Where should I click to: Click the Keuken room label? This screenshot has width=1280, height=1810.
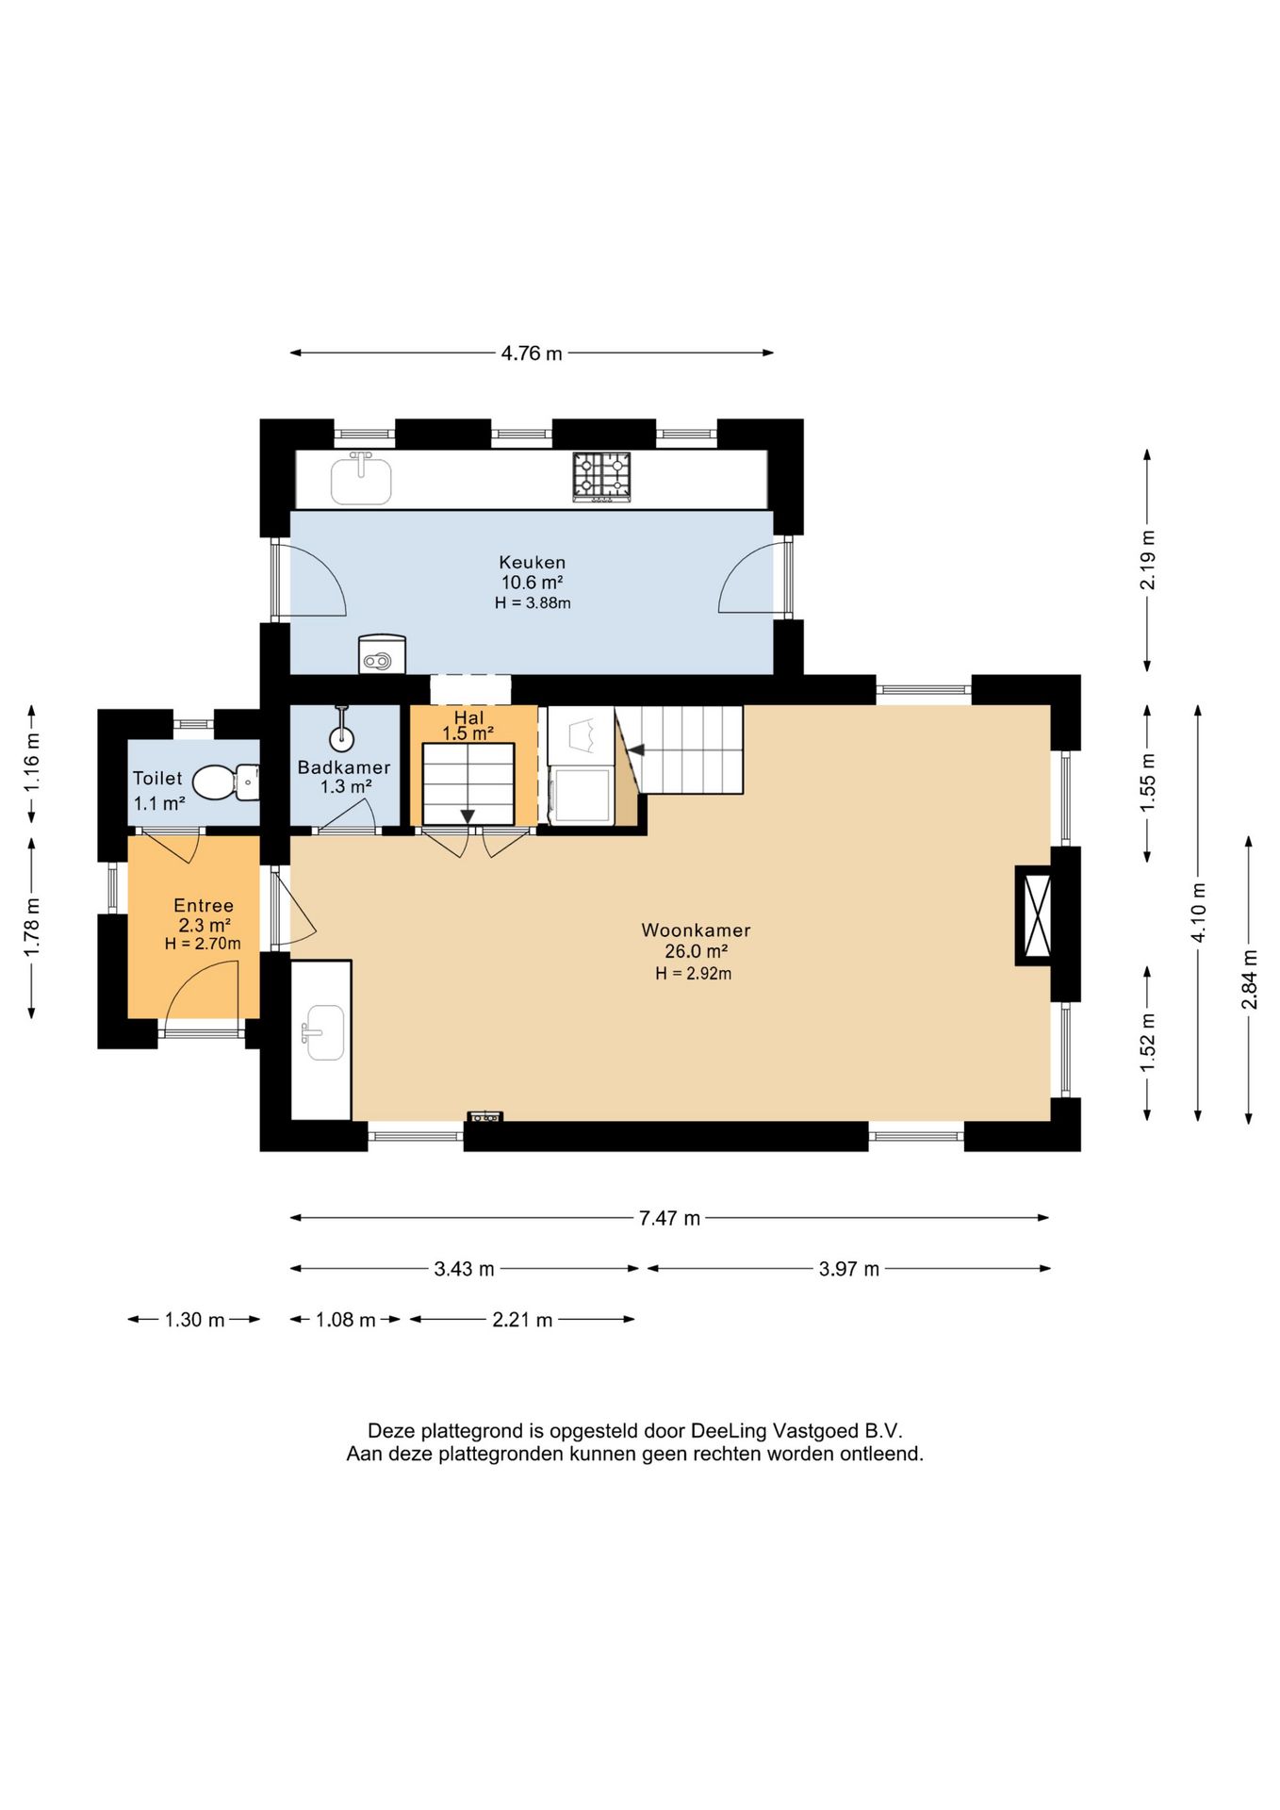click(x=533, y=563)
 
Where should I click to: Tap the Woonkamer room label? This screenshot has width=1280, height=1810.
click(x=696, y=930)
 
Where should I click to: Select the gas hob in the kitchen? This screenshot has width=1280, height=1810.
click(x=601, y=476)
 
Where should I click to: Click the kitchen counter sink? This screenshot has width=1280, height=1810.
click(x=361, y=479)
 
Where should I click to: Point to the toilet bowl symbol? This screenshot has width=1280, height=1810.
click(x=216, y=782)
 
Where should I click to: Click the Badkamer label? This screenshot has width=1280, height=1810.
click(x=344, y=767)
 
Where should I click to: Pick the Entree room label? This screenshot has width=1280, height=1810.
click(x=204, y=906)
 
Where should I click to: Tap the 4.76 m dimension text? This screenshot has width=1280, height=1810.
click(x=532, y=354)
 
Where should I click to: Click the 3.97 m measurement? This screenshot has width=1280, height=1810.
click(x=849, y=1269)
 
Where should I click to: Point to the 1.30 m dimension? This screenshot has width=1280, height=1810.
click(x=195, y=1320)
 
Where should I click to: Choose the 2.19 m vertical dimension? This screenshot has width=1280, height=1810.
click(x=1147, y=560)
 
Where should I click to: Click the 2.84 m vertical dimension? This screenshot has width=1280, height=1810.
click(x=1249, y=979)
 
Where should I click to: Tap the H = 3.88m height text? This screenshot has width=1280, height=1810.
click(x=533, y=603)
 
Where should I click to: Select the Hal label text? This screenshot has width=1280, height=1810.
click(x=468, y=718)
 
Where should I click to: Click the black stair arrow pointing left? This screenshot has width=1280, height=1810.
click(x=636, y=750)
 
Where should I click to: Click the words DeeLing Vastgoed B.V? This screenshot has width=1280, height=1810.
click(x=796, y=1431)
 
